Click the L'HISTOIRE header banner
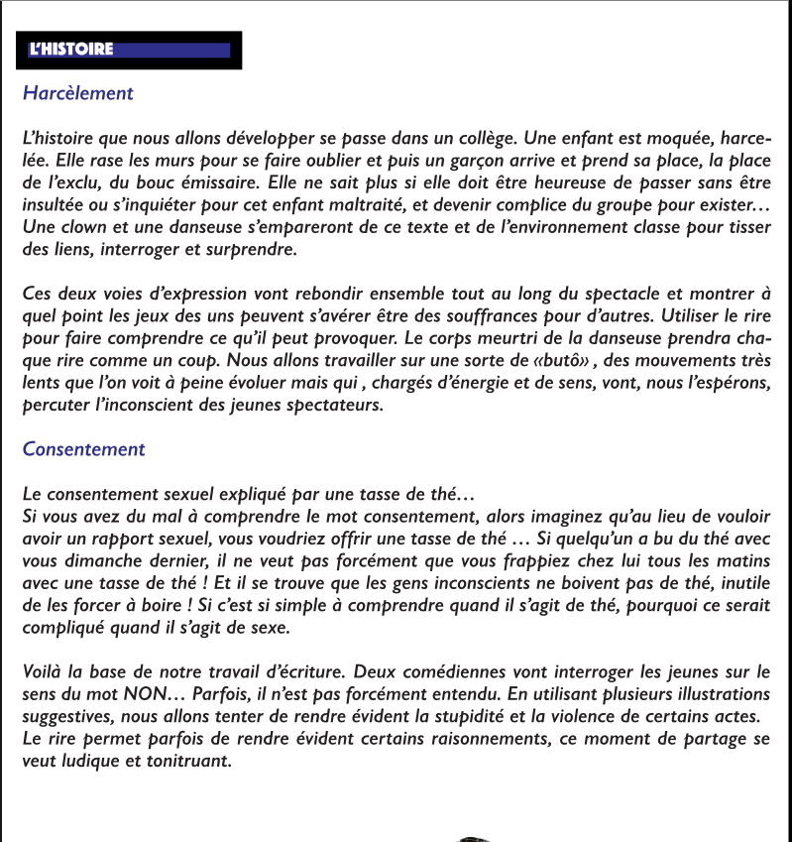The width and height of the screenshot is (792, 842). coord(129,50)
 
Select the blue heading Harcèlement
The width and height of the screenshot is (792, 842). coord(77,93)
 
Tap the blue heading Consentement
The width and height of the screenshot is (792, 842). coord(83,448)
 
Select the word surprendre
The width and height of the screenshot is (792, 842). coord(250,250)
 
